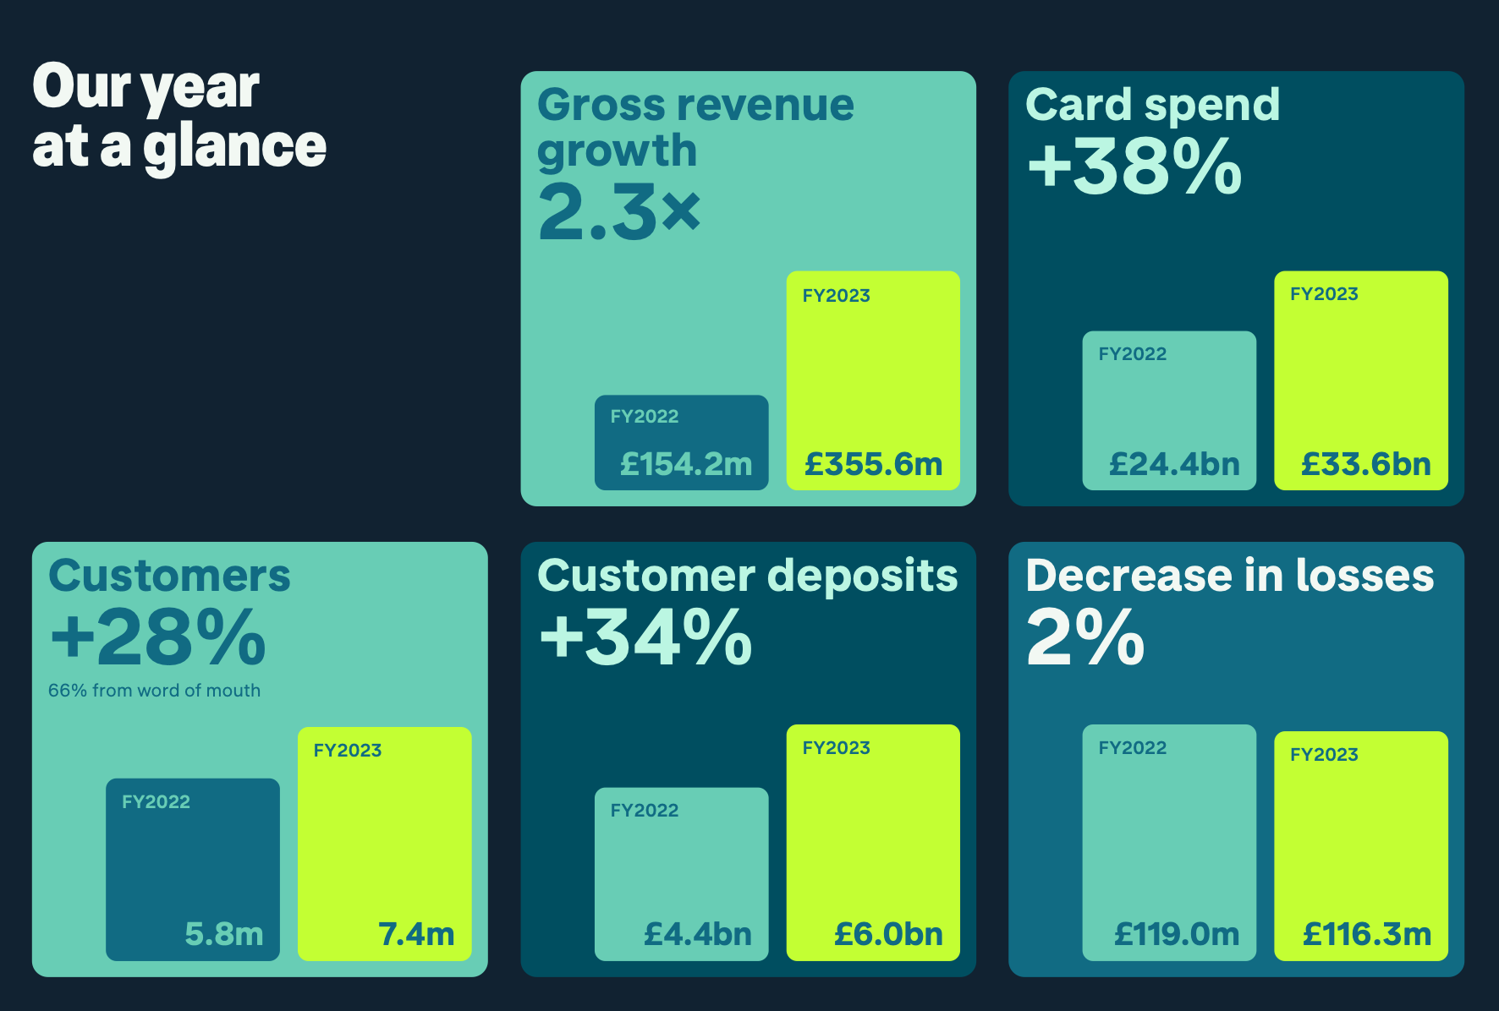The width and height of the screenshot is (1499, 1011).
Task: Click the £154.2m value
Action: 686,464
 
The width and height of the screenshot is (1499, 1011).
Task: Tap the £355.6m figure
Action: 873,464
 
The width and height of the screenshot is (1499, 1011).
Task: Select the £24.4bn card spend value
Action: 1174,464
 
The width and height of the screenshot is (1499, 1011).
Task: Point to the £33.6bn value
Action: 1365,464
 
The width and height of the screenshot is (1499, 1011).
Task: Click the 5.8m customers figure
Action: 224,934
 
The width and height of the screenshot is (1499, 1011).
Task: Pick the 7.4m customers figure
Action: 416,934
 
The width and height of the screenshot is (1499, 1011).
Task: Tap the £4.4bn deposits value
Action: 698,934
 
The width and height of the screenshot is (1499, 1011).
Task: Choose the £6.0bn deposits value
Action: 888,934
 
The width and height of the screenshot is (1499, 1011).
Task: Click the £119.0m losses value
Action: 1177,934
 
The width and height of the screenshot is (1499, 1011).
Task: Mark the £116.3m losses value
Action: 1367,934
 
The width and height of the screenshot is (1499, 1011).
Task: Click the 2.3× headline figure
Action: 619,212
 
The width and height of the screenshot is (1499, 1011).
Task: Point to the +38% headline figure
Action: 1134,167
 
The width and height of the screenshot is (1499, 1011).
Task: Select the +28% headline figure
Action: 158,637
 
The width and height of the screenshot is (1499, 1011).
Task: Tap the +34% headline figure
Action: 645,637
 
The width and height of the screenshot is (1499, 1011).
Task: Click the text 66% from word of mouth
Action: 154,691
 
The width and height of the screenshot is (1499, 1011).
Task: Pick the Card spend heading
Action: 1152,105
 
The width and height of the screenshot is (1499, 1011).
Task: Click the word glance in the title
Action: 234,147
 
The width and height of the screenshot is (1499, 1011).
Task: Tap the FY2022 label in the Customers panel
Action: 156,801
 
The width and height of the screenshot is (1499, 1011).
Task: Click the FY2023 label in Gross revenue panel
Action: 836,296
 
